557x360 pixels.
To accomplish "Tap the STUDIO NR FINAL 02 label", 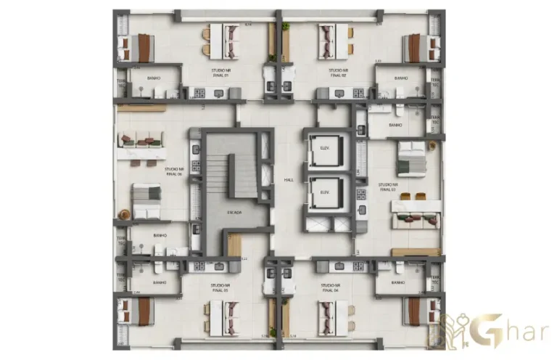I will [x=339, y=73].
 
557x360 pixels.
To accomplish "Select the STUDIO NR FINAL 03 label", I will [x=386, y=187].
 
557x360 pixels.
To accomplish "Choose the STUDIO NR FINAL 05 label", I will [x=215, y=289].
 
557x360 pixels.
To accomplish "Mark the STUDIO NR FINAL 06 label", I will [x=173, y=172].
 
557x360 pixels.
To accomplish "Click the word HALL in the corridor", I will [x=288, y=179].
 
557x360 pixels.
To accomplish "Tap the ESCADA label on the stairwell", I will [x=234, y=212].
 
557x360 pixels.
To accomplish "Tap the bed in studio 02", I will [x=419, y=48].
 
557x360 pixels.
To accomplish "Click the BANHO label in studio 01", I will [x=154, y=78].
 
